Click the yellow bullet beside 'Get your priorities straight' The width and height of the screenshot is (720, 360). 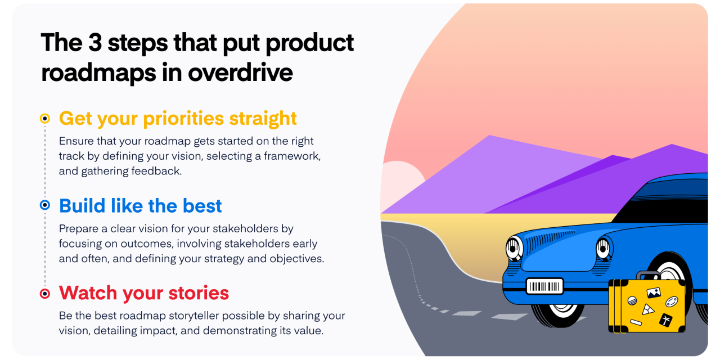pyautogui.click(x=45, y=119)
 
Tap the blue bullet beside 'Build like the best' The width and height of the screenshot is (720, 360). pyautogui.click(x=45, y=206)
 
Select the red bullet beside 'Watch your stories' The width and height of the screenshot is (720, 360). pyautogui.click(x=45, y=293)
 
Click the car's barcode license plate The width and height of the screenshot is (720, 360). pyautogui.click(x=544, y=286)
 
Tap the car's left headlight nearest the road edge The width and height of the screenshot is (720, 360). pyautogui.click(x=514, y=247)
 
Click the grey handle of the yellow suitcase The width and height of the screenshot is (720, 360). pyautogui.click(x=648, y=275)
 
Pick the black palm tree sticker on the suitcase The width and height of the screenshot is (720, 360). pyautogui.click(x=665, y=319)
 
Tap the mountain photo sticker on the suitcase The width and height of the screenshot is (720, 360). pyautogui.click(x=654, y=292)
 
